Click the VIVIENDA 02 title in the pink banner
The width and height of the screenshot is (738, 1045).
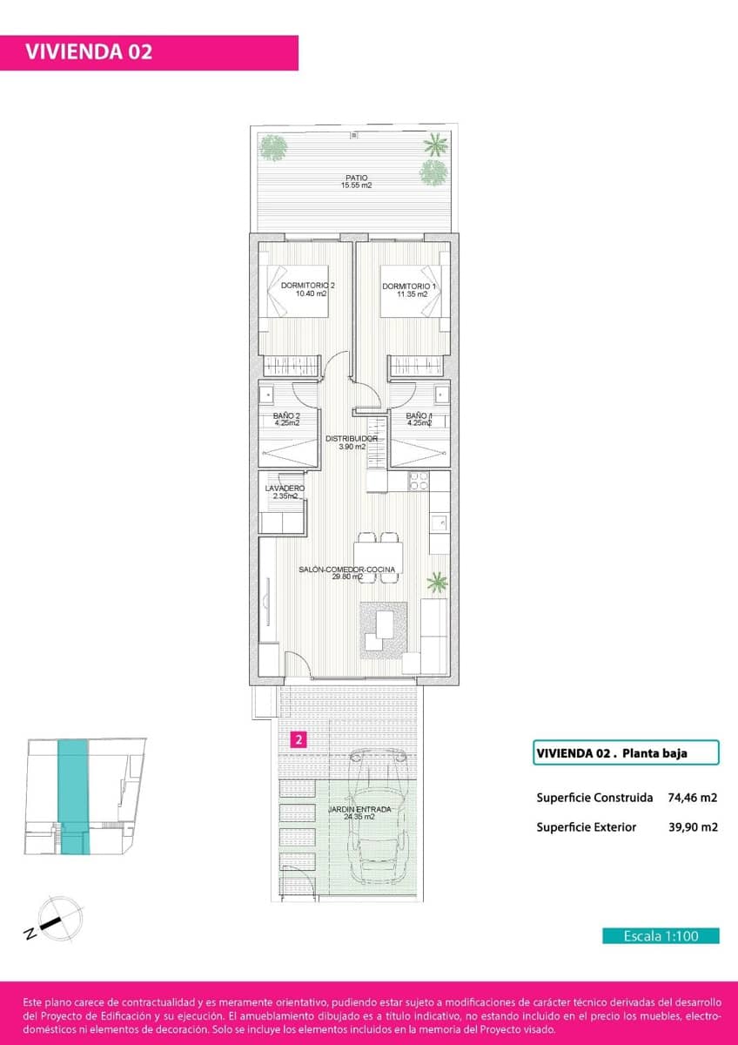(89, 52)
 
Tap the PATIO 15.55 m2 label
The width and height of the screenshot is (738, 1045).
(356, 181)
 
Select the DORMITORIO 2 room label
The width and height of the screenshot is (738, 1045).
(307, 290)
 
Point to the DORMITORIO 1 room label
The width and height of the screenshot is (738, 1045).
(409, 290)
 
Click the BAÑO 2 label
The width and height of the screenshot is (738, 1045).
(286, 419)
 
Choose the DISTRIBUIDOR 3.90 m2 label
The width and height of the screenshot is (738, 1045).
(352, 442)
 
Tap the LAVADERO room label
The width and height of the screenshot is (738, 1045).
(284, 492)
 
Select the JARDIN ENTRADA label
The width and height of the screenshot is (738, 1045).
(359, 812)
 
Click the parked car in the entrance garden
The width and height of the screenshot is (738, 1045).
(379, 819)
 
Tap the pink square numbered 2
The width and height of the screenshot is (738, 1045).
(299, 740)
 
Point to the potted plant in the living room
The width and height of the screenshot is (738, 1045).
(437, 581)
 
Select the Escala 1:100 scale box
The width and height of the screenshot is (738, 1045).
(661, 936)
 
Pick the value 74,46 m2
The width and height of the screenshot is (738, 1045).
(693, 797)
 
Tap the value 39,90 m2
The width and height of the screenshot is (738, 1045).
(693, 827)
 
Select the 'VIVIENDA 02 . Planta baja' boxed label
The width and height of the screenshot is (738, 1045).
(625, 752)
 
